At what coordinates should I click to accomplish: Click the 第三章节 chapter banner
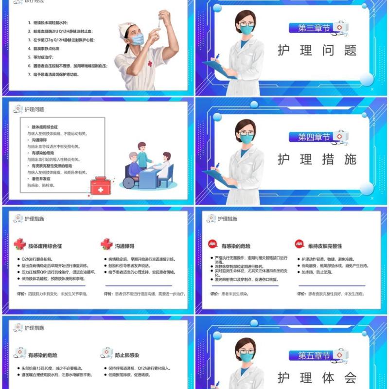(314, 28)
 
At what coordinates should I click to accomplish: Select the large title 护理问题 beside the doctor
(317, 51)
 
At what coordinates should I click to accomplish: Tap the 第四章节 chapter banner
(314, 137)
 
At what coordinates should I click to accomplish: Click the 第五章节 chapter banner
(314, 355)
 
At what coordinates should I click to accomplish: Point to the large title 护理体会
(317, 378)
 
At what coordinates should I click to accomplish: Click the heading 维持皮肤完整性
(325, 246)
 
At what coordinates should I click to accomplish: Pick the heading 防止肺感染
(127, 355)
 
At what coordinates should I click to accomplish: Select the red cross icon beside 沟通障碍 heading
(106, 244)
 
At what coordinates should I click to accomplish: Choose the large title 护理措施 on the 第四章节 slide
(317, 159)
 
